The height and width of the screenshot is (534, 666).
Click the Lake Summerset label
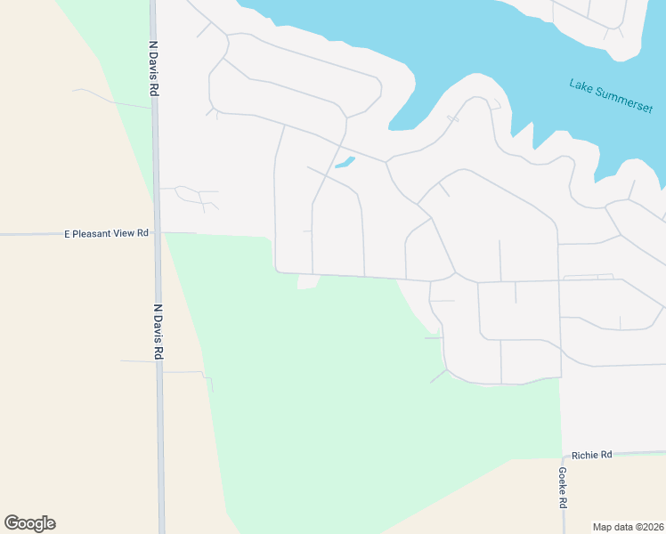pos(605,97)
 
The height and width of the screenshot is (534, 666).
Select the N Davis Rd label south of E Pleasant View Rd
pos(158,331)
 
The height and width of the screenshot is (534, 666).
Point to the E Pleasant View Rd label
pos(106,233)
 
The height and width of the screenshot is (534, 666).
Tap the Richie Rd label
pos(592,455)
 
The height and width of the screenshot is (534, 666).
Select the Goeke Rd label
pos(563,488)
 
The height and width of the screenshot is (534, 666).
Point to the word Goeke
pos(563,481)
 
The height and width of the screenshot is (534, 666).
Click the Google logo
pos(29,522)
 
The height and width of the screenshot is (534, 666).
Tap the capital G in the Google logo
pos(12,522)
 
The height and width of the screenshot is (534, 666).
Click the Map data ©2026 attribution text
pos(629,526)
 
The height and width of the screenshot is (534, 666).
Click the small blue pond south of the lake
pos(345,162)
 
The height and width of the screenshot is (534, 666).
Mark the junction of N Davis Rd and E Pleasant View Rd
pos(158,233)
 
